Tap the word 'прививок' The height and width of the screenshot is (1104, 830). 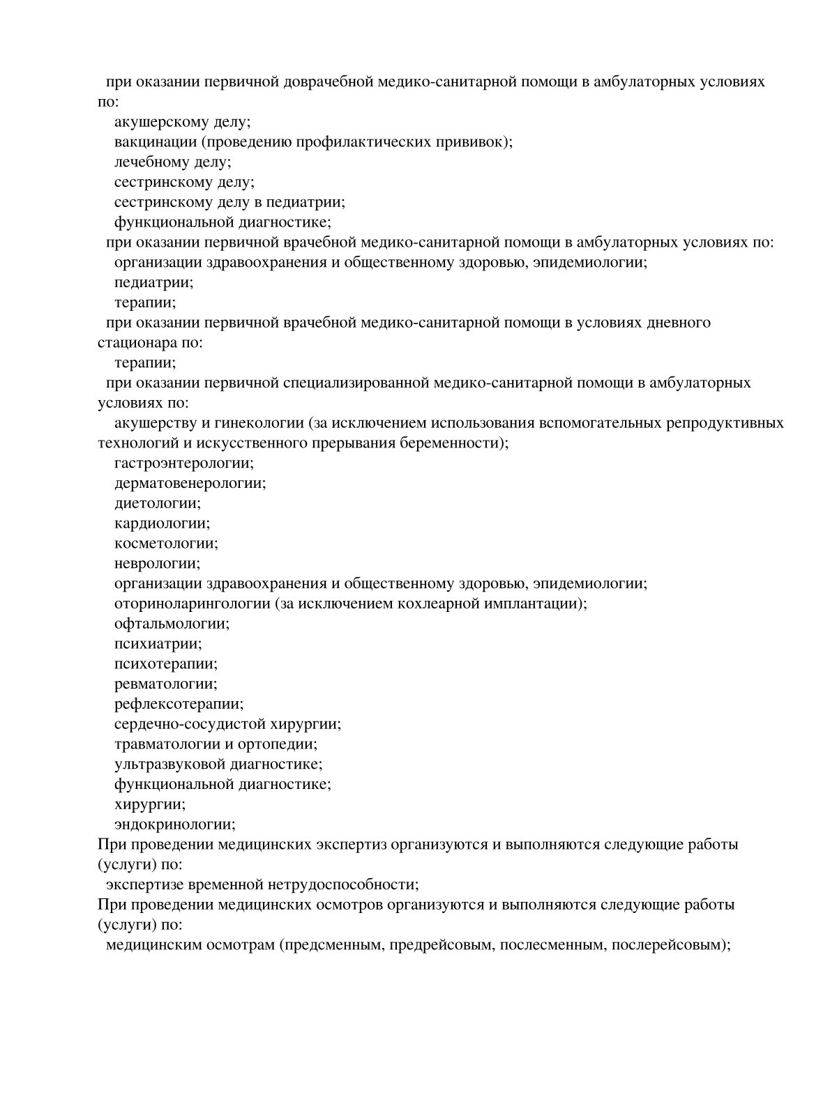pyautogui.click(x=475, y=142)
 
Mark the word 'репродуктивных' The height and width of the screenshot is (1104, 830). pyautogui.click(x=725, y=423)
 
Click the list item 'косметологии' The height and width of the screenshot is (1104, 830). pyautogui.click(x=166, y=544)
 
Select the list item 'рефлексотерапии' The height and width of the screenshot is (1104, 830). pyautogui.click(x=179, y=704)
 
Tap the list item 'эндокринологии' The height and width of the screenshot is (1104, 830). pyautogui.click(x=174, y=825)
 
